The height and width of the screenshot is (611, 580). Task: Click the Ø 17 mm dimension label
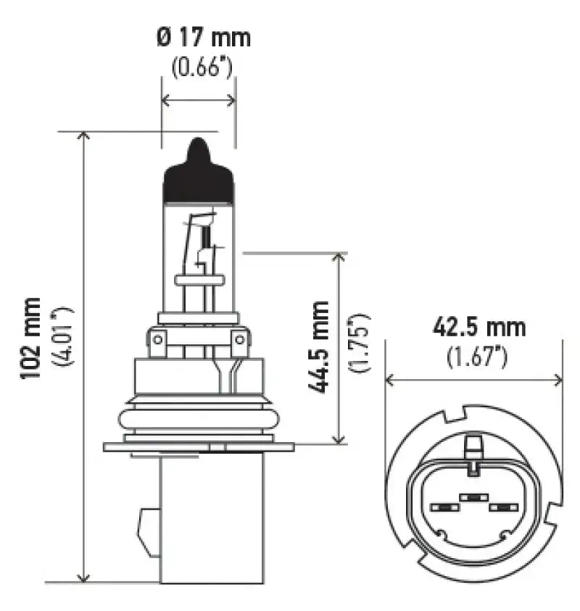point(203,37)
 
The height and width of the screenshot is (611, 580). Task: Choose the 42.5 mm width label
point(478,328)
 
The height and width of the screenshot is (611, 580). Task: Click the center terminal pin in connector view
point(472,498)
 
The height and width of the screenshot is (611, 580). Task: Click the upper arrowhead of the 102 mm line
point(85,137)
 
